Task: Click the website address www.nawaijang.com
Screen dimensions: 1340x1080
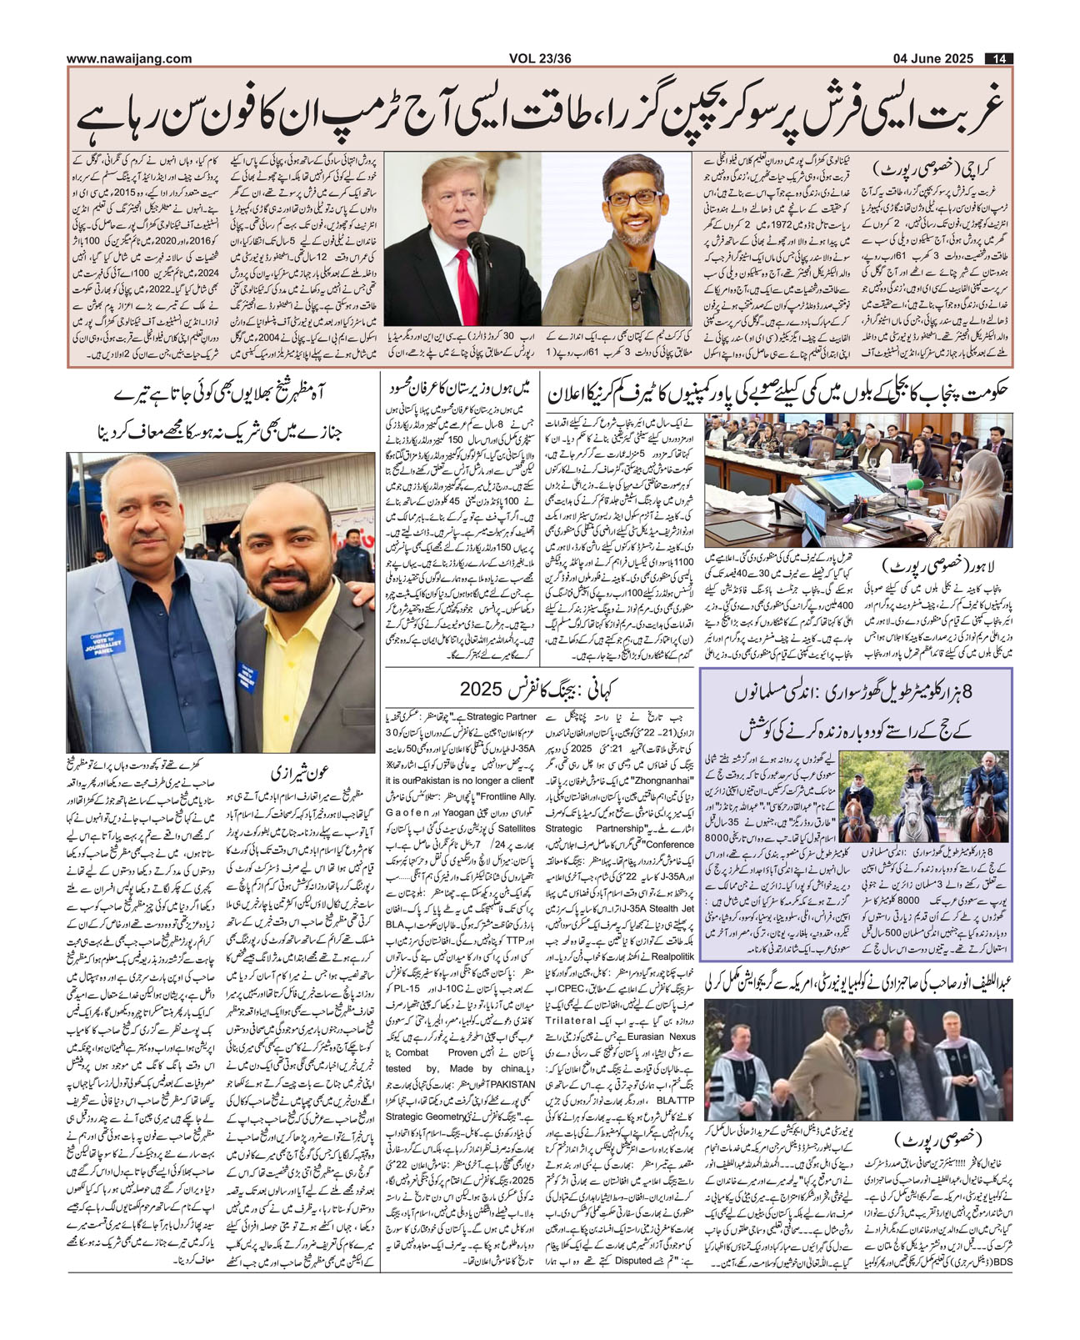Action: coord(129,58)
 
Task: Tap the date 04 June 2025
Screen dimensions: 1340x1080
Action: coord(932,58)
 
